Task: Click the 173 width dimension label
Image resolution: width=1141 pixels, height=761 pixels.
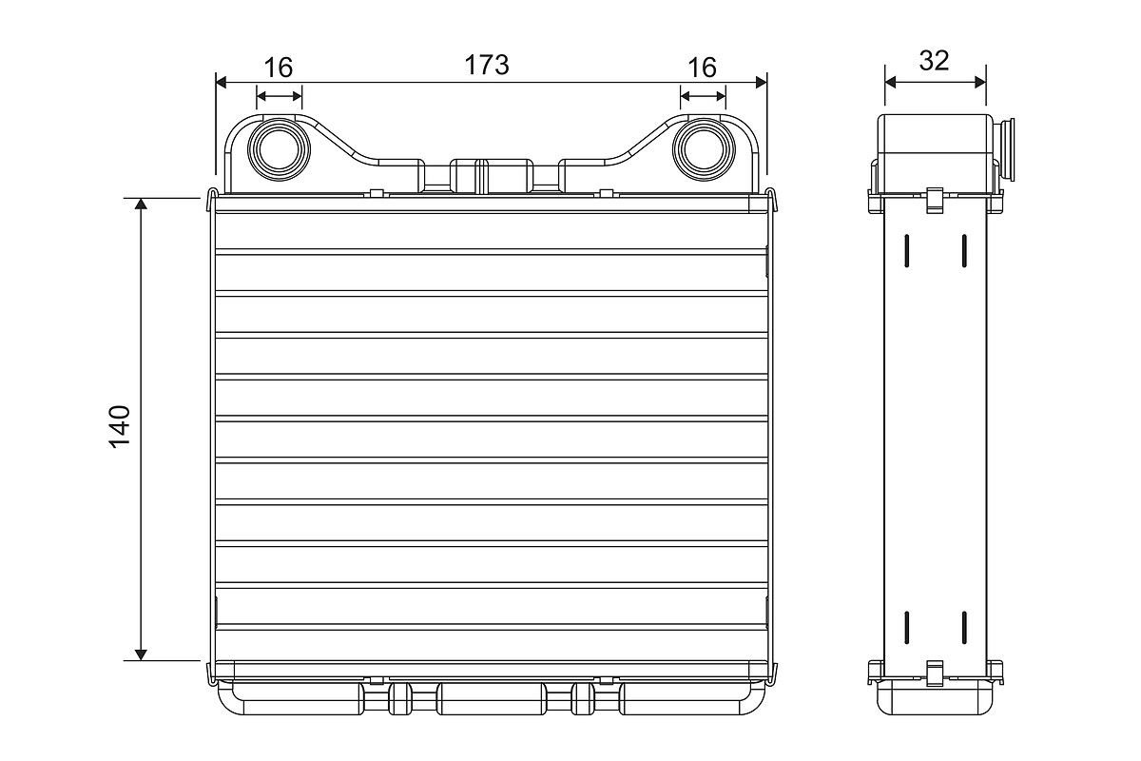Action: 486,65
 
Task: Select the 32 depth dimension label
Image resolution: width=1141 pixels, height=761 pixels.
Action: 934,61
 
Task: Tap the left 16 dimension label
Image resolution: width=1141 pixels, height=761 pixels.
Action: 278,68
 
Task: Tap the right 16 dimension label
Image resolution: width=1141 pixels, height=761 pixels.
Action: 702,68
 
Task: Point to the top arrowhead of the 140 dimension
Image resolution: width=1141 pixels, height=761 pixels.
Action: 141,205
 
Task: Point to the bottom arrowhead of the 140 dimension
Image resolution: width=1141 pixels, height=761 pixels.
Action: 141,654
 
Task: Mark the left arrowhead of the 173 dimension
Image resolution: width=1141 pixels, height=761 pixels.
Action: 222,82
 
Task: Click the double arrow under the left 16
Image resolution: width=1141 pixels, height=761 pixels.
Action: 279,96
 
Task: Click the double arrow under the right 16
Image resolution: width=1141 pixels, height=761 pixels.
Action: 703,96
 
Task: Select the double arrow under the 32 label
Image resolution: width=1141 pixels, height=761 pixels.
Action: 935,82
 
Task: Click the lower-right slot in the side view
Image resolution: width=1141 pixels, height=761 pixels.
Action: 963,627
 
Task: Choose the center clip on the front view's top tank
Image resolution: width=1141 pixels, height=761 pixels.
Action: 480,175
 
